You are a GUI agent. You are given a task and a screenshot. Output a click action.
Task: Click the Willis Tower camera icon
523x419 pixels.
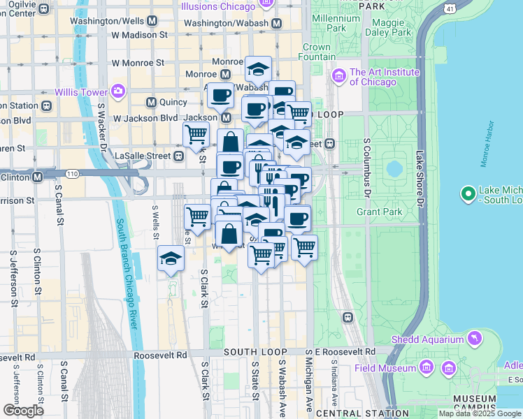(x=117, y=91)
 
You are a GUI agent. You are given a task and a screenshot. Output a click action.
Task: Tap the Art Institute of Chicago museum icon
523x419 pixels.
(x=340, y=75)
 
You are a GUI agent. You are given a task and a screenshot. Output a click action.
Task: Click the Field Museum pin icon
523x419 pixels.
(x=426, y=367)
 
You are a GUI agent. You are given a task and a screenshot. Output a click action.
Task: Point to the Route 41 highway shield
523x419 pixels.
(x=449, y=8)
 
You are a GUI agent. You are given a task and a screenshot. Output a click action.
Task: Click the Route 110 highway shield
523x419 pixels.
(x=71, y=172)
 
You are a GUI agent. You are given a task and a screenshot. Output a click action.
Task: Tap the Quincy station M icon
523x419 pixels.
(x=150, y=102)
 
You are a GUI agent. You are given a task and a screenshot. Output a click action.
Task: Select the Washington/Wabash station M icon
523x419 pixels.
(x=277, y=23)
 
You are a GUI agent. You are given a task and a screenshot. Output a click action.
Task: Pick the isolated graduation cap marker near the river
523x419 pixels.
(x=171, y=259)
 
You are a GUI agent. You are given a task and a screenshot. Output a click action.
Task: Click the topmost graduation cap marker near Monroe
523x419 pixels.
(x=258, y=70)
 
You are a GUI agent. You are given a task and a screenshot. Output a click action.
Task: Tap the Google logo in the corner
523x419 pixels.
(x=23, y=411)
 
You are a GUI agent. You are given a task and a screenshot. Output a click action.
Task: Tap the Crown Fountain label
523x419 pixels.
(x=317, y=52)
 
